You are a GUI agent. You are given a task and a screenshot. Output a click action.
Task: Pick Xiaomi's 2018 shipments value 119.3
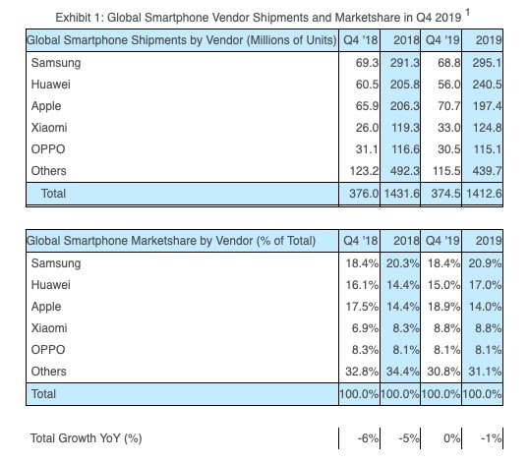(398, 128)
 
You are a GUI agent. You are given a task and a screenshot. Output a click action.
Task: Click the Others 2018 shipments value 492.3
(398, 171)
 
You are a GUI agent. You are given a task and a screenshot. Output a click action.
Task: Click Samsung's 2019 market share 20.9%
(484, 263)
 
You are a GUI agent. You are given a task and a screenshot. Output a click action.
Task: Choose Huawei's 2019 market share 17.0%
(484, 285)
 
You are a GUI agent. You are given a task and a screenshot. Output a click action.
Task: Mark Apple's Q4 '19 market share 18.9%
(441, 307)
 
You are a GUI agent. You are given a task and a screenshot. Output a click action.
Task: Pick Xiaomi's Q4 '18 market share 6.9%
(359, 328)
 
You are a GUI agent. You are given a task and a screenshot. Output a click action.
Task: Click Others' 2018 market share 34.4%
(398, 372)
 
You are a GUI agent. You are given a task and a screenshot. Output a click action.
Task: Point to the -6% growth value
(361, 437)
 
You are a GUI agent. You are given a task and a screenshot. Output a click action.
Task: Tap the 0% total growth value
(447, 437)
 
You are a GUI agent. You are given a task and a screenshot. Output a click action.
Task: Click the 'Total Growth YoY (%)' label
(87, 437)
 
